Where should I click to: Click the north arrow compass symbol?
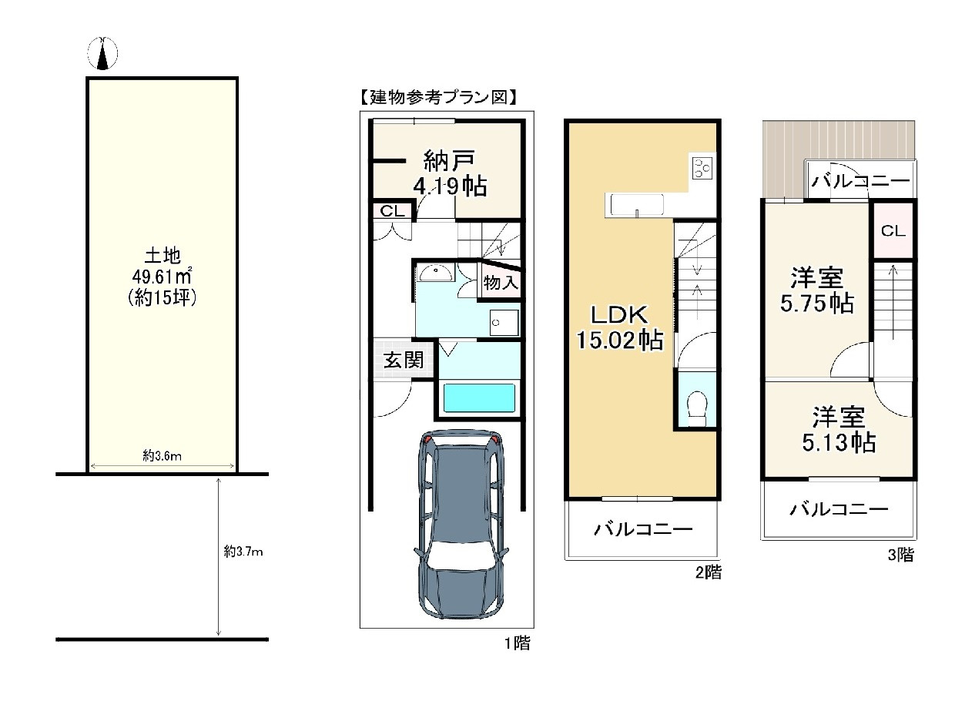point(102,53)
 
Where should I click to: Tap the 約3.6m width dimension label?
point(162,455)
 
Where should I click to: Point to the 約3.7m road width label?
point(243,552)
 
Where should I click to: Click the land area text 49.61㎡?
point(162,276)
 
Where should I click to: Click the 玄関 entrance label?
point(404,360)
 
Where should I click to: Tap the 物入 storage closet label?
point(501,283)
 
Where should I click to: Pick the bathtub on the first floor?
point(478,398)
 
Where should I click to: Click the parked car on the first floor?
point(462,524)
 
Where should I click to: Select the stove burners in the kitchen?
point(702,167)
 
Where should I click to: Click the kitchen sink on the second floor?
point(637,205)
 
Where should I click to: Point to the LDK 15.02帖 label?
point(619,327)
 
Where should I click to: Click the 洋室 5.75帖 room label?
point(816,290)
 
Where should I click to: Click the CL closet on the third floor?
point(893,230)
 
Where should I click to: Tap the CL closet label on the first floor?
point(392,211)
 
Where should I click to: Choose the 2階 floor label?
point(708,572)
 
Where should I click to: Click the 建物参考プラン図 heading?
point(438,97)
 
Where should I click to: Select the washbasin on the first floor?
point(435,273)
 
